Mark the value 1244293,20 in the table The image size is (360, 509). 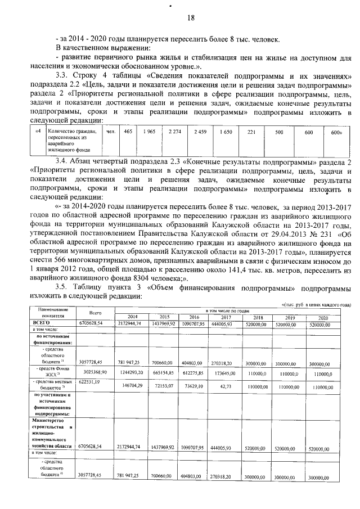click(x=133, y=372)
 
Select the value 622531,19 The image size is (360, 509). click(x=91, y=381)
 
